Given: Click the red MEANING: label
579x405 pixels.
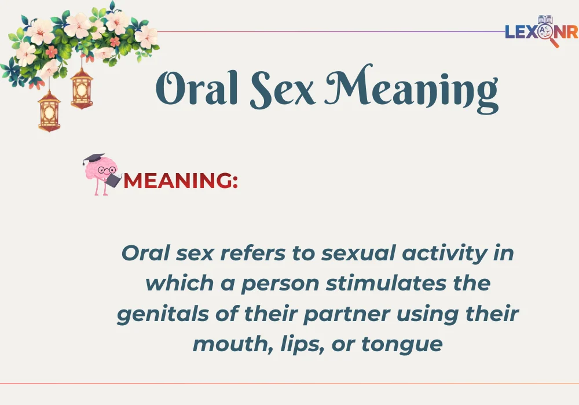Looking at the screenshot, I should pos(181,181).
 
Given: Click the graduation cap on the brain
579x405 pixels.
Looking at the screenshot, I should pos(93,159).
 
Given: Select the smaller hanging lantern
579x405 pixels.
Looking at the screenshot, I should pos(82,87).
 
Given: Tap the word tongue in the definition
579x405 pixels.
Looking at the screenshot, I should pos(402,345).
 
